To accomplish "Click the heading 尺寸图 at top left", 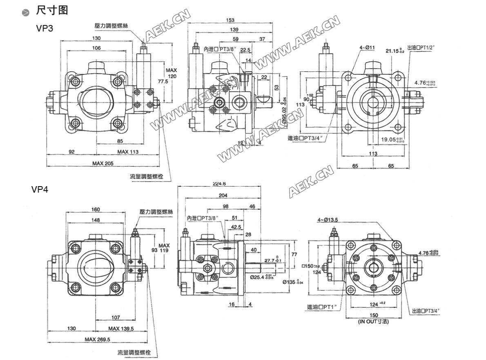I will (x=51, y=10).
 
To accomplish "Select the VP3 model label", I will (x=45, y=29).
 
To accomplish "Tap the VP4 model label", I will (x=40, y=190).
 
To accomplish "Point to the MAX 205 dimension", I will (x=103, y=163).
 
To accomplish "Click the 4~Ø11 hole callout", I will (x=367, y=48).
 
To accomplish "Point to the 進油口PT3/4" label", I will (x=305, y=138).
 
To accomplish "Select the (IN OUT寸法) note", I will (x=373, y=322).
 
